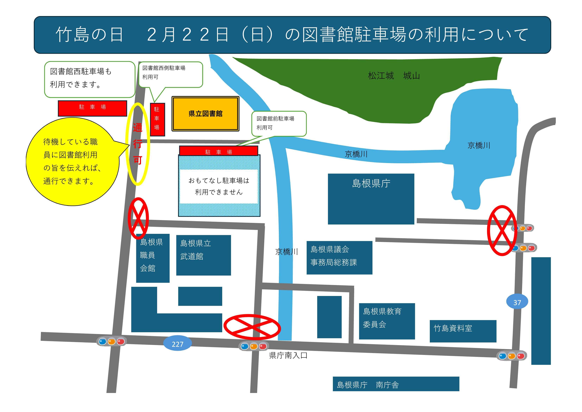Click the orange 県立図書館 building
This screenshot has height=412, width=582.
(205, 114)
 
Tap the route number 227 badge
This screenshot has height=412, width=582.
(178, 344)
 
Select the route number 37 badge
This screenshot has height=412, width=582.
(517, 302)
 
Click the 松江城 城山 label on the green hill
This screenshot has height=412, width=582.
(394, 76)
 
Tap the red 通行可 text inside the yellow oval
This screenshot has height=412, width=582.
(138, 144)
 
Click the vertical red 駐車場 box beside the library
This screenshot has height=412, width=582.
(157, 119)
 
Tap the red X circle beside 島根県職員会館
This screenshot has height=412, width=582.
(138, 218)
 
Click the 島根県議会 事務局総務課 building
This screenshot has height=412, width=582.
(339, 257)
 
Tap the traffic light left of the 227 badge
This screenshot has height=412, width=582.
(112, 341)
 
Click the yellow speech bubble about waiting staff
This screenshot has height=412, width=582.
(72, 162)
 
